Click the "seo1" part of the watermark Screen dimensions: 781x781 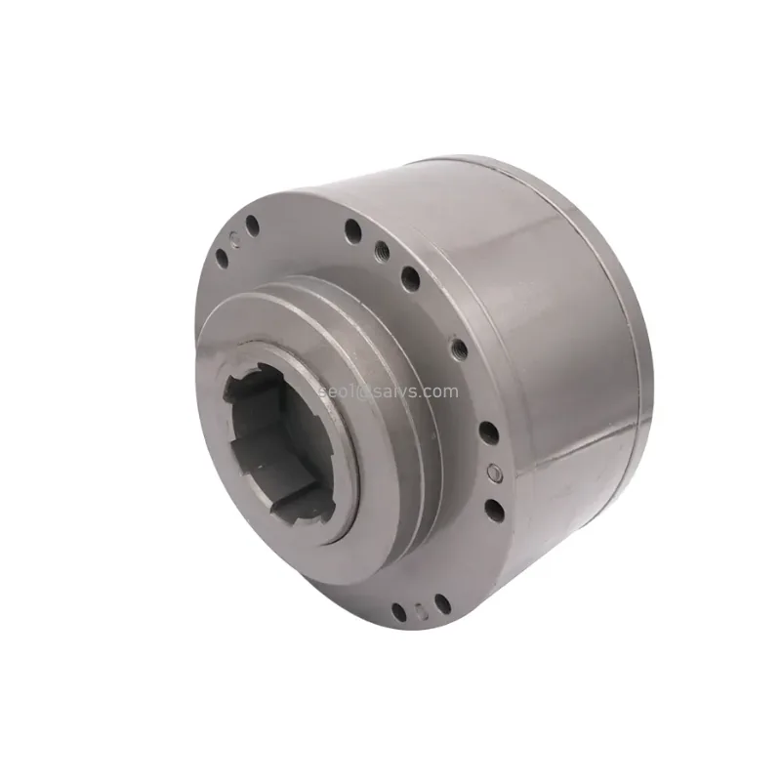[336, 391]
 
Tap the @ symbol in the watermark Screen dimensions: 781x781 [361, 392]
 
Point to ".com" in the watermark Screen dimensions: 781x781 [436, 391]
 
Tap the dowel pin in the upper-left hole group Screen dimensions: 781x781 [235, 239]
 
